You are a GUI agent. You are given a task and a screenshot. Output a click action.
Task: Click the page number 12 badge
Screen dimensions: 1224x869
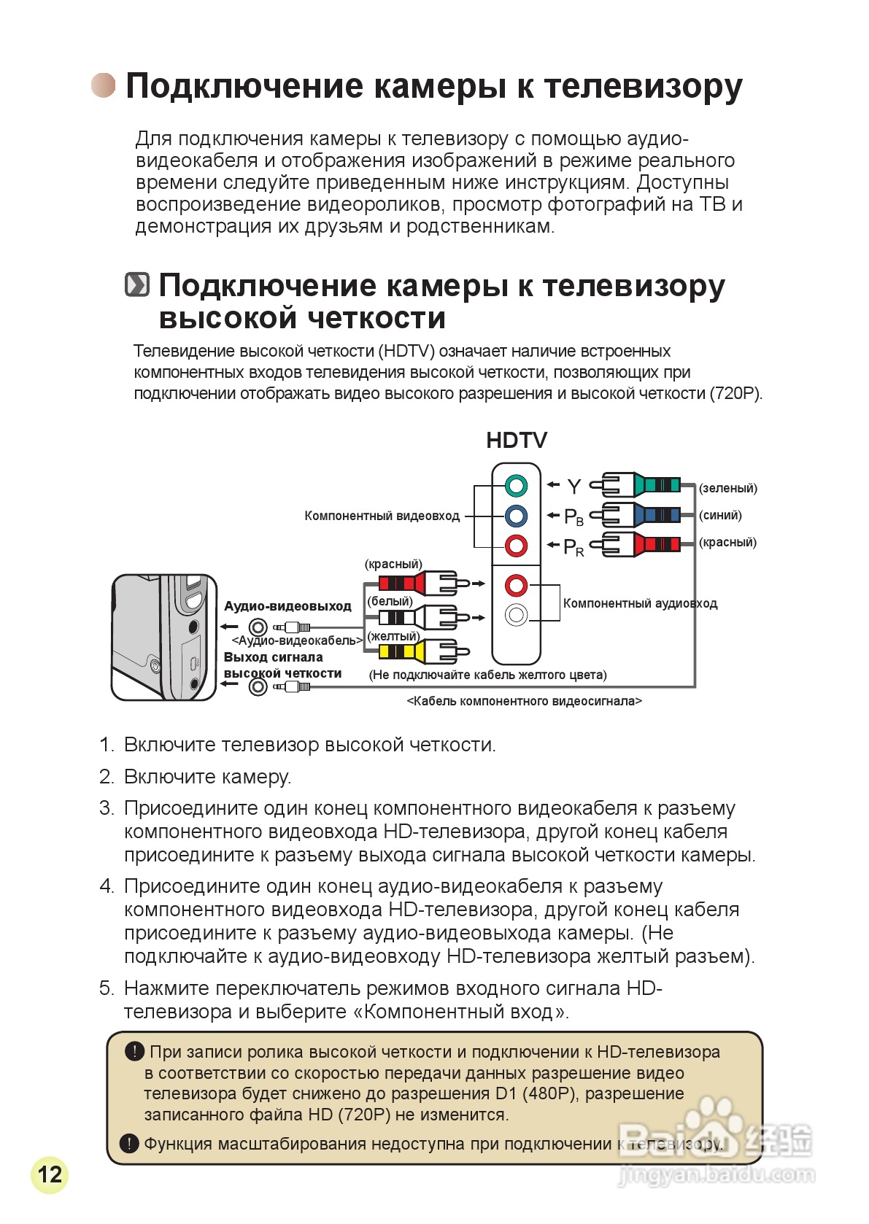(50, 1174)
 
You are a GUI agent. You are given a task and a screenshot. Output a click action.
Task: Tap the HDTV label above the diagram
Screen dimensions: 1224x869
(517, 441)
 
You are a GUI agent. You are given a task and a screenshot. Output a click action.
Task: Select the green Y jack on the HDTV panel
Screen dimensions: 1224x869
(516, 485)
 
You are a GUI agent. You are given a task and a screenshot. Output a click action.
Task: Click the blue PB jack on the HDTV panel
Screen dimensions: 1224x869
(516, 516)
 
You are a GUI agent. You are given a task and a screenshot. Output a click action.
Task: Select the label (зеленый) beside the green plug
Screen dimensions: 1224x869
(727, 489)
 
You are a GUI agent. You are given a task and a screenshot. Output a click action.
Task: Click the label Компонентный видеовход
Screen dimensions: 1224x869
(382, 516)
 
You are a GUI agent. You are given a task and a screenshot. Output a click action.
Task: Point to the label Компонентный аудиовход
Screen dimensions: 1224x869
(640, 604)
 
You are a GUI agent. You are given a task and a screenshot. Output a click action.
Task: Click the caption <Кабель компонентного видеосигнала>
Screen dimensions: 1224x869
(524, 702)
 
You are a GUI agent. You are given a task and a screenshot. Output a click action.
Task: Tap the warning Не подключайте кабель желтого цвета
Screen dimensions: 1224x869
(487, 675)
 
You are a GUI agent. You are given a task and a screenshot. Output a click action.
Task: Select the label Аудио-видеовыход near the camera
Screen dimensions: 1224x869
(287, 606)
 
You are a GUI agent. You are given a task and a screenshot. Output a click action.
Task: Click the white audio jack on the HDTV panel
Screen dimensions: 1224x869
(516, 615)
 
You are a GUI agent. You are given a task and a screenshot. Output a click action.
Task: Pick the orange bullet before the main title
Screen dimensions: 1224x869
(103, 85)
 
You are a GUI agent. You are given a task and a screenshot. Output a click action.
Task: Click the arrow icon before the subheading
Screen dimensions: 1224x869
(137, 285)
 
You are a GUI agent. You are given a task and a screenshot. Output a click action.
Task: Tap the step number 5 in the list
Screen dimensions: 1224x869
(107, 988)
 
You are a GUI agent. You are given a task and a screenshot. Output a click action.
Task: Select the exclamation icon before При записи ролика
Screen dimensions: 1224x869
(134, 1051)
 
